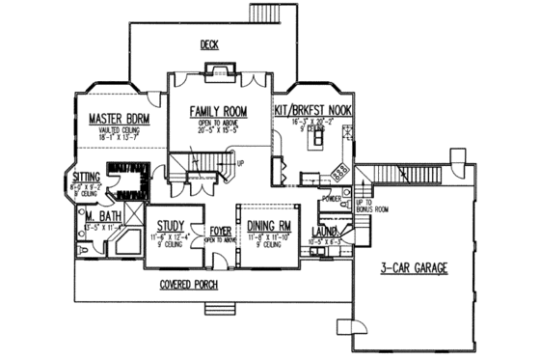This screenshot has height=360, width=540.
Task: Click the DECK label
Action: coord(208,44)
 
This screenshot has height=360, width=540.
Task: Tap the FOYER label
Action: coord(220,232)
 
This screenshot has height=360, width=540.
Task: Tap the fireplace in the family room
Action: coord(218,70)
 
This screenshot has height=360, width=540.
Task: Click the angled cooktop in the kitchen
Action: coord(339,171)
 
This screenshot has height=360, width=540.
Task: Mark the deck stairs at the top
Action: coord(264,14)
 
